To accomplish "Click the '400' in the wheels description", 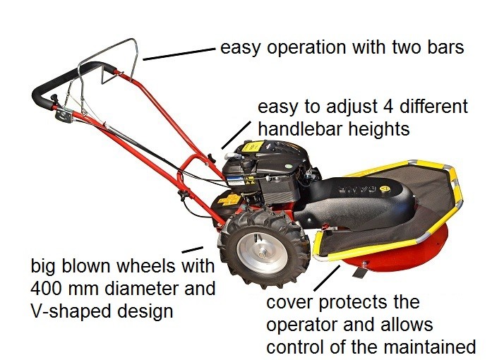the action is click(x=47, y=288).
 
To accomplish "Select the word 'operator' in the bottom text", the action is click(x=301, y=325).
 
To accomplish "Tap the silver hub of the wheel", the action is click(x=263, y=253).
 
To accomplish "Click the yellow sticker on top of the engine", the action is click(x=252, y=148).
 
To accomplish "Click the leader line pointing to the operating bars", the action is click(x=179, y=54).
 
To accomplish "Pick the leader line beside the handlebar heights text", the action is click(x=236, y=135).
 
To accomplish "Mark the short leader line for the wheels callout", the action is click(x=192, y=249).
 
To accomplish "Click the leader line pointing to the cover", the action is click(x=327, y=278).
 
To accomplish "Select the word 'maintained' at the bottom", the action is click(x=430, y=347).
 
